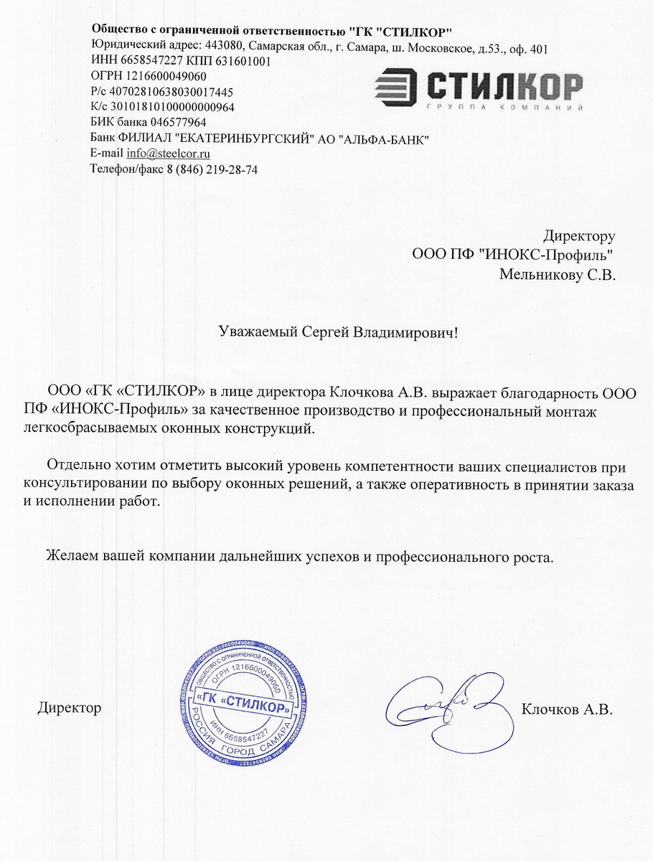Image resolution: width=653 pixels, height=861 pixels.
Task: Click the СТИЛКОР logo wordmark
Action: [502, 87]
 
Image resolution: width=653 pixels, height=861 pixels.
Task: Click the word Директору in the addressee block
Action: [578, 236]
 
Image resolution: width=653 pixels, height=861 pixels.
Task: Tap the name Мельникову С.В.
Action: [557, 274]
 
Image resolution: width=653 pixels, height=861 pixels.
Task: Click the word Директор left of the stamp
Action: [69, 709]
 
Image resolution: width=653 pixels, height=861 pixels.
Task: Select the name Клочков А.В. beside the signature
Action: [567, 710]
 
